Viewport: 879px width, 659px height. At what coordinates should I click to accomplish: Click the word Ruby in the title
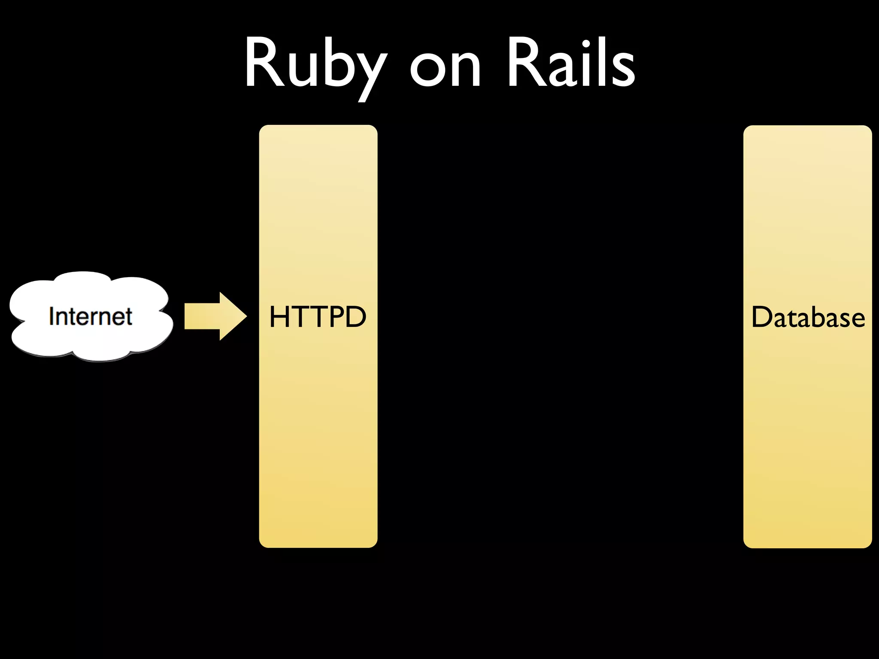pos(315,64)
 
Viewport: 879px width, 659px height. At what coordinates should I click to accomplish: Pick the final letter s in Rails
pos(622,71)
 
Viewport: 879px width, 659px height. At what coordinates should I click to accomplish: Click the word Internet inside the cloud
pos(90,317)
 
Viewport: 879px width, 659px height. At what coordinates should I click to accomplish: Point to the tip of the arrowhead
pos(246,317)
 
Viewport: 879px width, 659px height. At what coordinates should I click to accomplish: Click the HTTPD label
pos(318,317)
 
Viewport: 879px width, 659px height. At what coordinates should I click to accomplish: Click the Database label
pos(808,317)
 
